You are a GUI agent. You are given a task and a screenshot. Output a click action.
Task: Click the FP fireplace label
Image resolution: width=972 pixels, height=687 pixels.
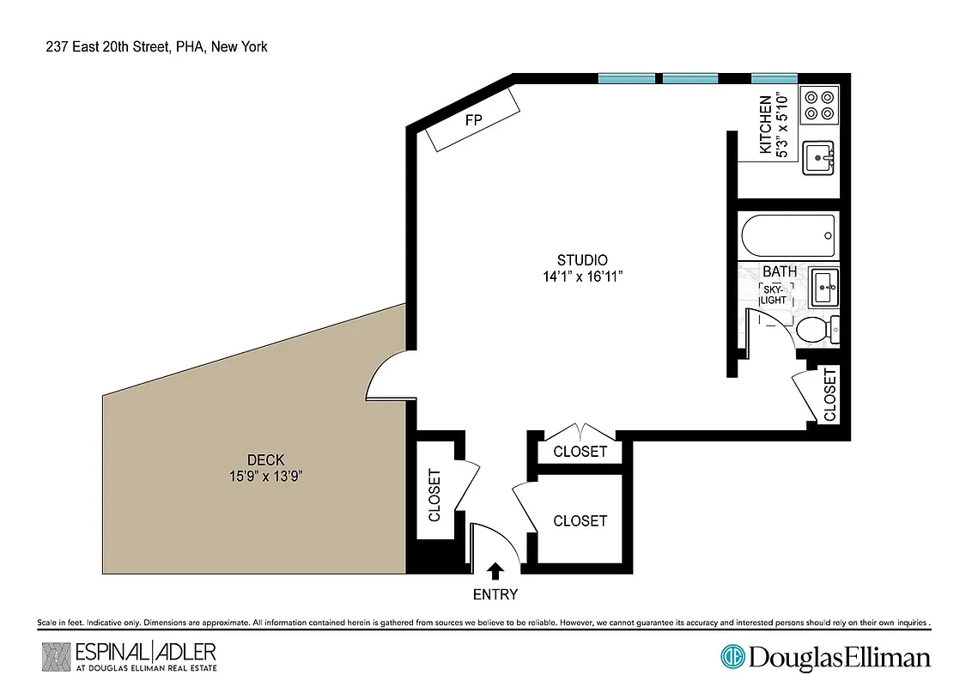point(473,120)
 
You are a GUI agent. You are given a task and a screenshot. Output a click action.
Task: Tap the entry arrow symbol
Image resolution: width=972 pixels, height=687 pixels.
point(495,571)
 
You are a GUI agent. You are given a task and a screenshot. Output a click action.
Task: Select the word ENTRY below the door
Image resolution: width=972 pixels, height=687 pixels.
point(495,594)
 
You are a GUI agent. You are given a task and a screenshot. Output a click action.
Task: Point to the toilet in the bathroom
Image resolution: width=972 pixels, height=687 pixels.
point(815,329)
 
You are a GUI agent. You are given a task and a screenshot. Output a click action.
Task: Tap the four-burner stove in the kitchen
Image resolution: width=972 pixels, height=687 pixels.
point(817,105)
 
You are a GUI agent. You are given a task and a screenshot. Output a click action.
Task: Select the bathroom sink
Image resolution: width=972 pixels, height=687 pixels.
point(825,287)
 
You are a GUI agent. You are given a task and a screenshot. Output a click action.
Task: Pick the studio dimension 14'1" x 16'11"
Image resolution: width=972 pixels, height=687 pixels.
point(582,277)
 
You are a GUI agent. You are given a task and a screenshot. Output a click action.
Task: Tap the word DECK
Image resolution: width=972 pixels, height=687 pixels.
point(265,460)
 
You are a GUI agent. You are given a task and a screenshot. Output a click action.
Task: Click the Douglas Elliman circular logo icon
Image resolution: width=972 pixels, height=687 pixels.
point(732,658)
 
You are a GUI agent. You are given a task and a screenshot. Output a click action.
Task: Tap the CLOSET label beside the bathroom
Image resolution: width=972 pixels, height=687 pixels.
point(829,395)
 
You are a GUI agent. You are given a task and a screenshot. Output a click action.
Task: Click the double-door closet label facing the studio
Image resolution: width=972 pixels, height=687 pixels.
point(580,452)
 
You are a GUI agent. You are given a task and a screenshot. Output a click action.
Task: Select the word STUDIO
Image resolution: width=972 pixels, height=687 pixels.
point(582,260)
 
